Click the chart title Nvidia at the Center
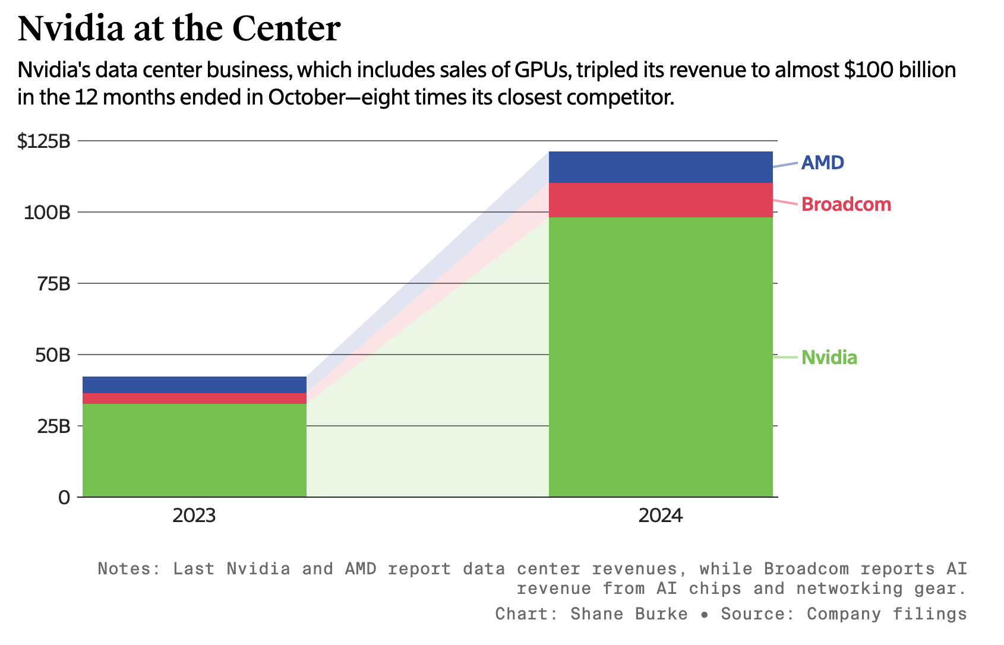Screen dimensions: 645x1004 pyautogui.click(x=179, y=29)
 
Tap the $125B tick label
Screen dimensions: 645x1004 pyautogui.click(x=44, y=141)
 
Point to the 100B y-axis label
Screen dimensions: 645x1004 pyautogui.click(x=47, y=213)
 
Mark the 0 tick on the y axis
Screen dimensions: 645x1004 pyautogui.click(x=64, y=498)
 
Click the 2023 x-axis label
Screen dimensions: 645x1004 pyautogui.click(x=194, y=516)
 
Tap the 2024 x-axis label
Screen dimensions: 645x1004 pyautogui.click(x=661, y=516)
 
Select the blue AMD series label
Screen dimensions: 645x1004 pyautogui.click(x=823, y=163)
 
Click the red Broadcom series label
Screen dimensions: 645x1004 pyautogui.click(x=846, y=204)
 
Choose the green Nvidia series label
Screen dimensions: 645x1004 pyautogui.click(x=829, y=358)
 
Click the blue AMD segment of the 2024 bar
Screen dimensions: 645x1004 pyautogui.click(x=661, y=167)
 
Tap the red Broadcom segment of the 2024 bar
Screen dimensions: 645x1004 pyautogui.click(x=661, y=200)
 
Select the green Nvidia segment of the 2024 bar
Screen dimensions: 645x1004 pyautogui.click(x=661, y=356)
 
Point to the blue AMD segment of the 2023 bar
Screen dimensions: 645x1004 pyautogui.click(x=194, y=385)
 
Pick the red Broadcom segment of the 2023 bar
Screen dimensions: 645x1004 pyautogui.click(x=194, y=399)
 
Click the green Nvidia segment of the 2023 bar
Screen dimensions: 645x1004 pyautogui.click(x=194, y=450)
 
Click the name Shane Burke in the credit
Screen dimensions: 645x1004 pyautogui.click(x=629, y=614)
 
